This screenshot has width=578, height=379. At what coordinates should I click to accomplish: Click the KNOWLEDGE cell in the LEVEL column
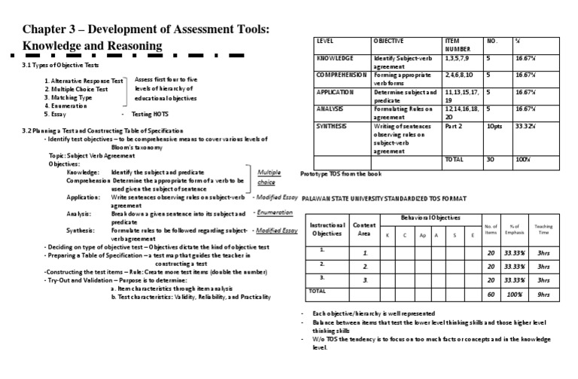[x=334, y=57]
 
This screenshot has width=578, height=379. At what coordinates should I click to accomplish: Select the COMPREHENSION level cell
[x=342, y=75]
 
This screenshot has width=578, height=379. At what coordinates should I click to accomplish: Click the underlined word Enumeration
[x=275, y=212]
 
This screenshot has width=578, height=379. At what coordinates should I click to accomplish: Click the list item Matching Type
[x=70, y=97]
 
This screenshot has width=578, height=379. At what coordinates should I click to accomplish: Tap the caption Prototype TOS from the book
[x=341, y=174]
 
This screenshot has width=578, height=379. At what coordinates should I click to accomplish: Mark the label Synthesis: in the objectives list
[x=81, y=230]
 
